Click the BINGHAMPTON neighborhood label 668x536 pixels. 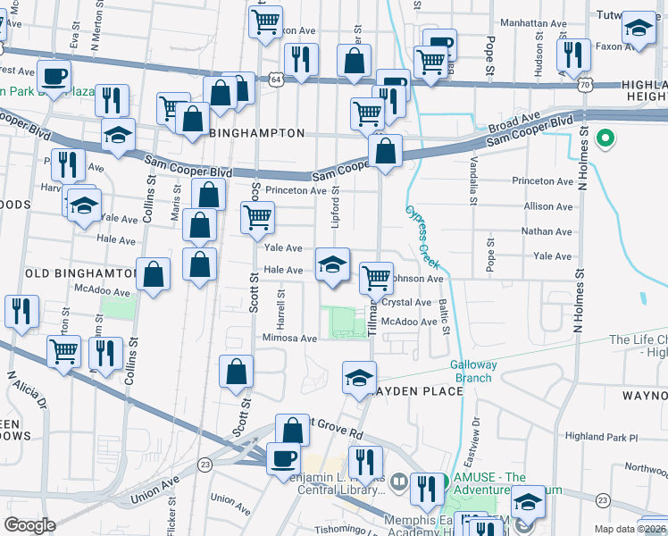coord(256,132)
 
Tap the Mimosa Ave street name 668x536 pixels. coord(289,339)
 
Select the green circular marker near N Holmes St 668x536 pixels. coord(605,138)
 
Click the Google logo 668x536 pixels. coord(29,525)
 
